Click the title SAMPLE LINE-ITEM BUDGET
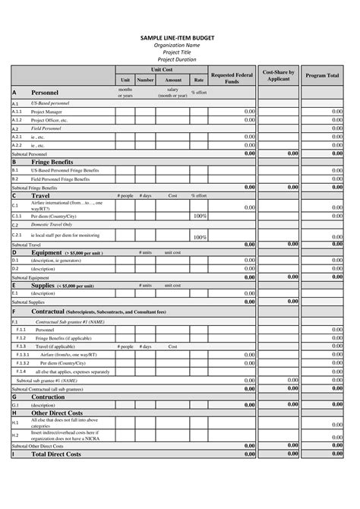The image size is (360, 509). pos(179,37)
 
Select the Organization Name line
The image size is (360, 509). pos(179,45)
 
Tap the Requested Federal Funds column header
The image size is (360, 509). pos(232,78)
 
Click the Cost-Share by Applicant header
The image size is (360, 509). pos(279,75)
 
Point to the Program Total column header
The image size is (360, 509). pos(322,76)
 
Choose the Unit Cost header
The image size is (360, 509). pos(162,68)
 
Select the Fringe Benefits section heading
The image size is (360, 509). pos(52,162)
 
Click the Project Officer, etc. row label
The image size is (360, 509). pos(49,120)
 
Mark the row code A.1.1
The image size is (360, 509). pos(17,111)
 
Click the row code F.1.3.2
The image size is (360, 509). pos(24,362)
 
